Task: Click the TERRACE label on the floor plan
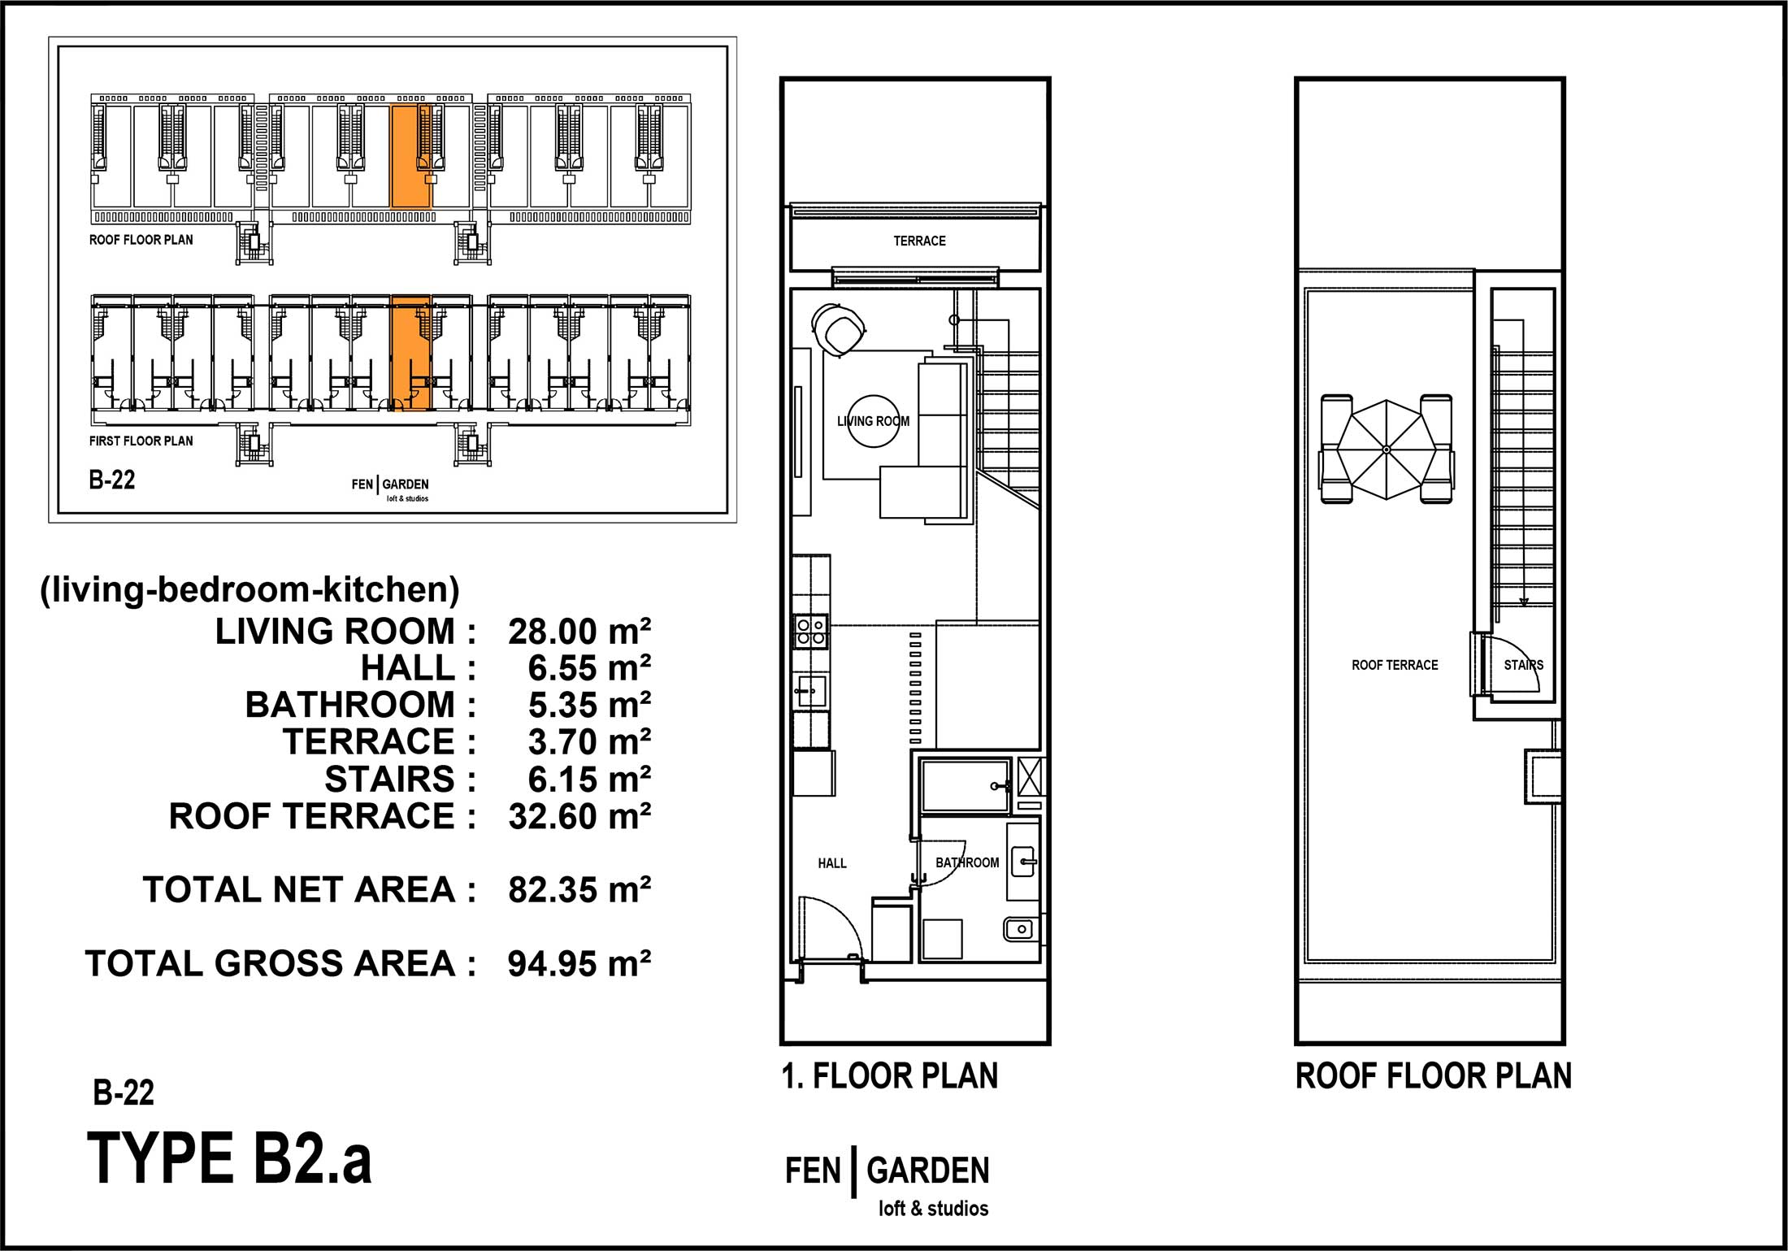coord(919,241)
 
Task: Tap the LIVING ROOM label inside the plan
coord(873,421)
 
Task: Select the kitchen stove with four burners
coord(811,632)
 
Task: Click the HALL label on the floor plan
coord(832,863)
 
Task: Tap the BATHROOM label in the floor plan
coord(967,862)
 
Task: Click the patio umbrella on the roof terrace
coord(1387,450)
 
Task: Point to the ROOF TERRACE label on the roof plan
coord(1395,665)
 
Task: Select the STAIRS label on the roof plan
coord(1523,665)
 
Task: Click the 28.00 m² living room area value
coord(579,632)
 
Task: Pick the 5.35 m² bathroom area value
coord(589,706)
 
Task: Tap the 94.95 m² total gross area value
coord(579,964)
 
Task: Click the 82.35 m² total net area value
coord(579,890)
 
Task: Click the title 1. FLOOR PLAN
coord(890,1076)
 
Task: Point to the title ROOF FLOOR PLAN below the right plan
coord(1434,1076)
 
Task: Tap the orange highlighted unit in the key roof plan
coord(410,156)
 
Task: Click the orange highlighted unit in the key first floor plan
coord(410,353)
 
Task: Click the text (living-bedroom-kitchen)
coord(250,589)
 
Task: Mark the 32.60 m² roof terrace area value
coord(579,817)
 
